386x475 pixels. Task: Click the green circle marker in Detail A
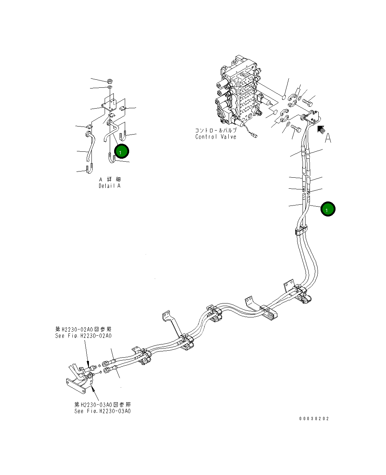pyautogui.click(x=121, y=151)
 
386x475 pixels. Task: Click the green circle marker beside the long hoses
pyautogui.click(x=328, y=209)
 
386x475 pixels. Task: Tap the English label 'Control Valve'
pyautogui.click(x=216, y=137)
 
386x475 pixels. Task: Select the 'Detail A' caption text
pyautogui.click(x=109, y=186)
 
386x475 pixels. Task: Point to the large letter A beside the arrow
pyautogui.click(x=328, y=138)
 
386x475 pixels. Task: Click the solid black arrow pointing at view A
pyautogui.click(x=321, y=129)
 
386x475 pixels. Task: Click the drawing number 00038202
pyautogui.click(x=314, y=419)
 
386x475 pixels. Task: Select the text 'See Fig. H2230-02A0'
pyautogui.click(x=83, y=336)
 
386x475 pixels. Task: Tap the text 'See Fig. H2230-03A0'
pyautogui.click(x=102, y=411)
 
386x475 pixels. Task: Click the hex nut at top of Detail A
pyautogui.click(x=110, y=81)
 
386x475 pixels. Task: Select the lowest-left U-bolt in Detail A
pyautogui.click(x=89, y=169)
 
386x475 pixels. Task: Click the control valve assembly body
pyautogui.click(x=240, y=93)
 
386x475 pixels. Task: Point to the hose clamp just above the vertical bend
pyautogui.click(x=300, y=230)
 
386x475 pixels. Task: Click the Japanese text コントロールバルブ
pyautogui.click(x=216, y=130)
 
